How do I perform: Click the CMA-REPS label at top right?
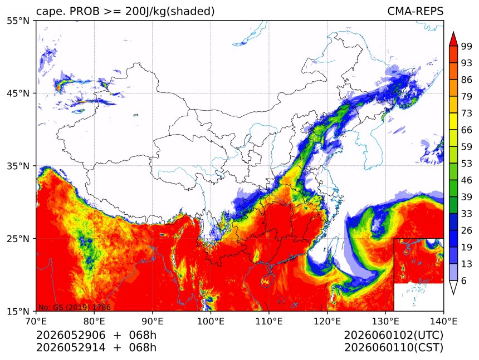click(x=415, y=11)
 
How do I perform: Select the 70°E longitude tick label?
click(x=36, y=321)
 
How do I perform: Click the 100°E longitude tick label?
click(x=211, y=321)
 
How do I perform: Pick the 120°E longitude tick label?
click(x=327, y=321)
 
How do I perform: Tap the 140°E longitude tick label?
click(x=443, y=321)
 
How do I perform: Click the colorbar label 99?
click(x=467, y=46)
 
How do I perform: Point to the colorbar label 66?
click(x=467, y=130)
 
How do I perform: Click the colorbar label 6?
click(x=464, y=280)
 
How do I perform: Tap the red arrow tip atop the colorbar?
click(x=453, y=32)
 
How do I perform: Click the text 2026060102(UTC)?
click(x=393, y=336)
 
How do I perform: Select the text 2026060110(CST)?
click(x=393, y=348)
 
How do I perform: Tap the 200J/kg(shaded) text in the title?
click(x=170, y=11)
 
